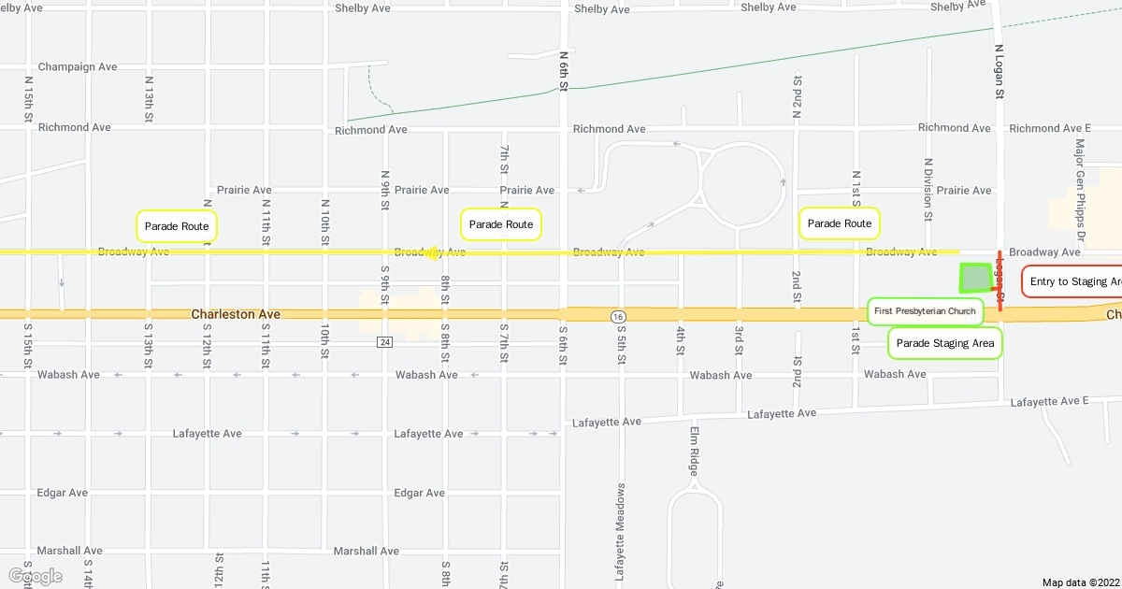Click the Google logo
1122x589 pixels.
[35, 576]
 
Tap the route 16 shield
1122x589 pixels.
[619, 318]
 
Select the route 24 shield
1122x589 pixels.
[384, 342]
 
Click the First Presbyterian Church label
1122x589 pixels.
[925, 310]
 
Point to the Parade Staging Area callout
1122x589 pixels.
[944, 343]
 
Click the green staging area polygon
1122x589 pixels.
[975, 278]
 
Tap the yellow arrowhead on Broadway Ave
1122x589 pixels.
[431, 252]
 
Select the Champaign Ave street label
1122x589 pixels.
[78, 67]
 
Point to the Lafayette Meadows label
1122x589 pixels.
[620, 533]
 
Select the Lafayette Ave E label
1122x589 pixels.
[1049, 402]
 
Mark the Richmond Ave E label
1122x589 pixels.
[1050, 128]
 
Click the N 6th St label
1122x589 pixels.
[564, 70]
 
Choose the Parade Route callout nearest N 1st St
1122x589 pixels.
[840, 223]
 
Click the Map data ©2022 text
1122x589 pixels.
[1080, 582]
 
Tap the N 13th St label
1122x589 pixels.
[149, 98]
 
